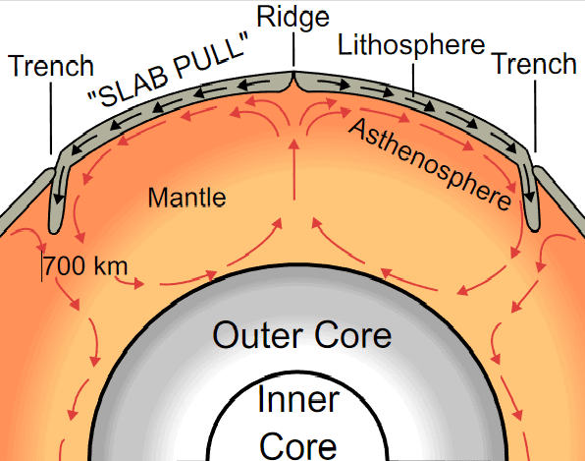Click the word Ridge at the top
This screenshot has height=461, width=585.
pyautogui.click(x=292, y=18)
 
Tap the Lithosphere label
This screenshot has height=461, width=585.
pyautogui.click(x=411, y=45)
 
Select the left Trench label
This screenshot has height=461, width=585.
pyautogui.click(x=51, y=66)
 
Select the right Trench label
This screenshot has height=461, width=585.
pyautogui.click(x=535, y=64)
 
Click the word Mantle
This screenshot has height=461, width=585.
pyautogui.click(x=186, y=198)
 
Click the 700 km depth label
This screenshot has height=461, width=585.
pyautogui.click(x=85, y=266)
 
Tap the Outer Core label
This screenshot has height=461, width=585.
pyautogui.click(x=302, y=334)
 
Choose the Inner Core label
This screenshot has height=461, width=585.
pyautogui.click(x=298, y=422)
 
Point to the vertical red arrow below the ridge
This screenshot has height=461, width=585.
pyautogui.click(x=294, y=170)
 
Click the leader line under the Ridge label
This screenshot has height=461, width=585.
pyautogui.click(x=293, y=50)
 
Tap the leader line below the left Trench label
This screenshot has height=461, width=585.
pyautogui.click(x=51, y=118)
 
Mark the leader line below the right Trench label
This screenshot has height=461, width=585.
pyautogui.click(x=535, y=116)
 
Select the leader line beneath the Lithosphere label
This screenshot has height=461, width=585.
pyautogui.click(x=413, y=79)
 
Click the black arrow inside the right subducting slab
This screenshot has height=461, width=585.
pyautogui.click(x=528, y=183)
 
